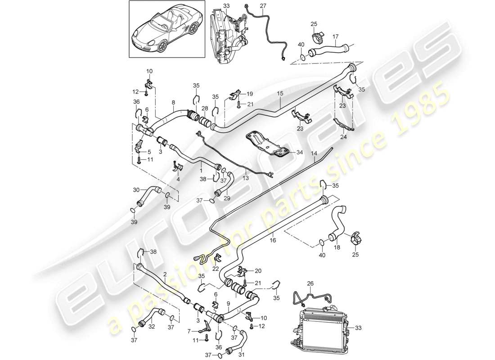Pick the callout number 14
(315, 153)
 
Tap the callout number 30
(136, 189)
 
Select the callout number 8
(174, 103)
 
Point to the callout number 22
(216, 269)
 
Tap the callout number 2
(165, 274)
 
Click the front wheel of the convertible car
(160, 45)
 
